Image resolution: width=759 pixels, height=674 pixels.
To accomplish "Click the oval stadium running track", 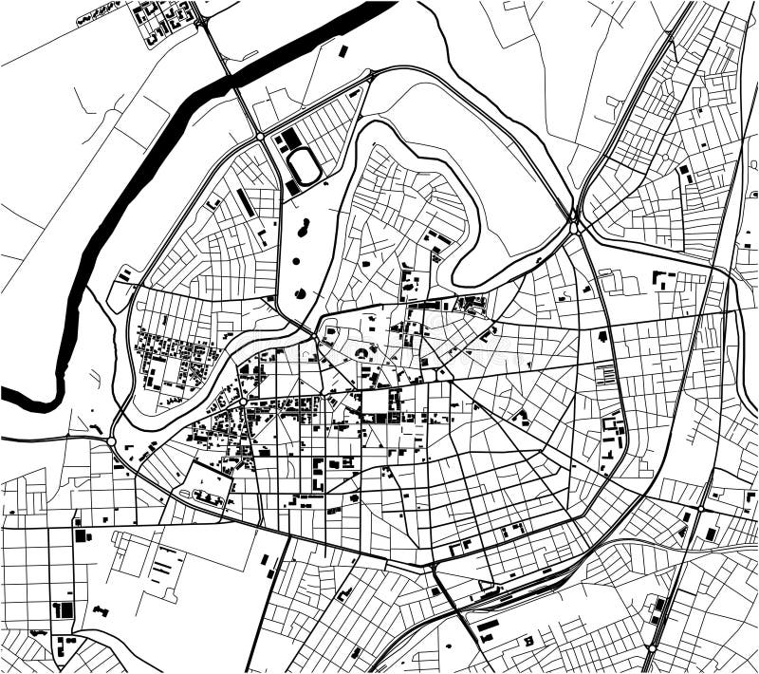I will pos(305,167).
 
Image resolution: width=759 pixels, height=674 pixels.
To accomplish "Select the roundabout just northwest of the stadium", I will pos(261,137).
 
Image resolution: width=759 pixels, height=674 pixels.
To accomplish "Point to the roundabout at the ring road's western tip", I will pos(112,441).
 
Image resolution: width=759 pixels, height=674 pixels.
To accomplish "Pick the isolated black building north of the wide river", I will pos(343,50).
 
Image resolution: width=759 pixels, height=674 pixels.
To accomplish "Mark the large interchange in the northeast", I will pos(575,224).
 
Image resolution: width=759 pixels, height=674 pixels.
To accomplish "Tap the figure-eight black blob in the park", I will pos(304,228).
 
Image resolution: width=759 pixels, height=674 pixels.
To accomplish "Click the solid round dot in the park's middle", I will pos(295,260).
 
